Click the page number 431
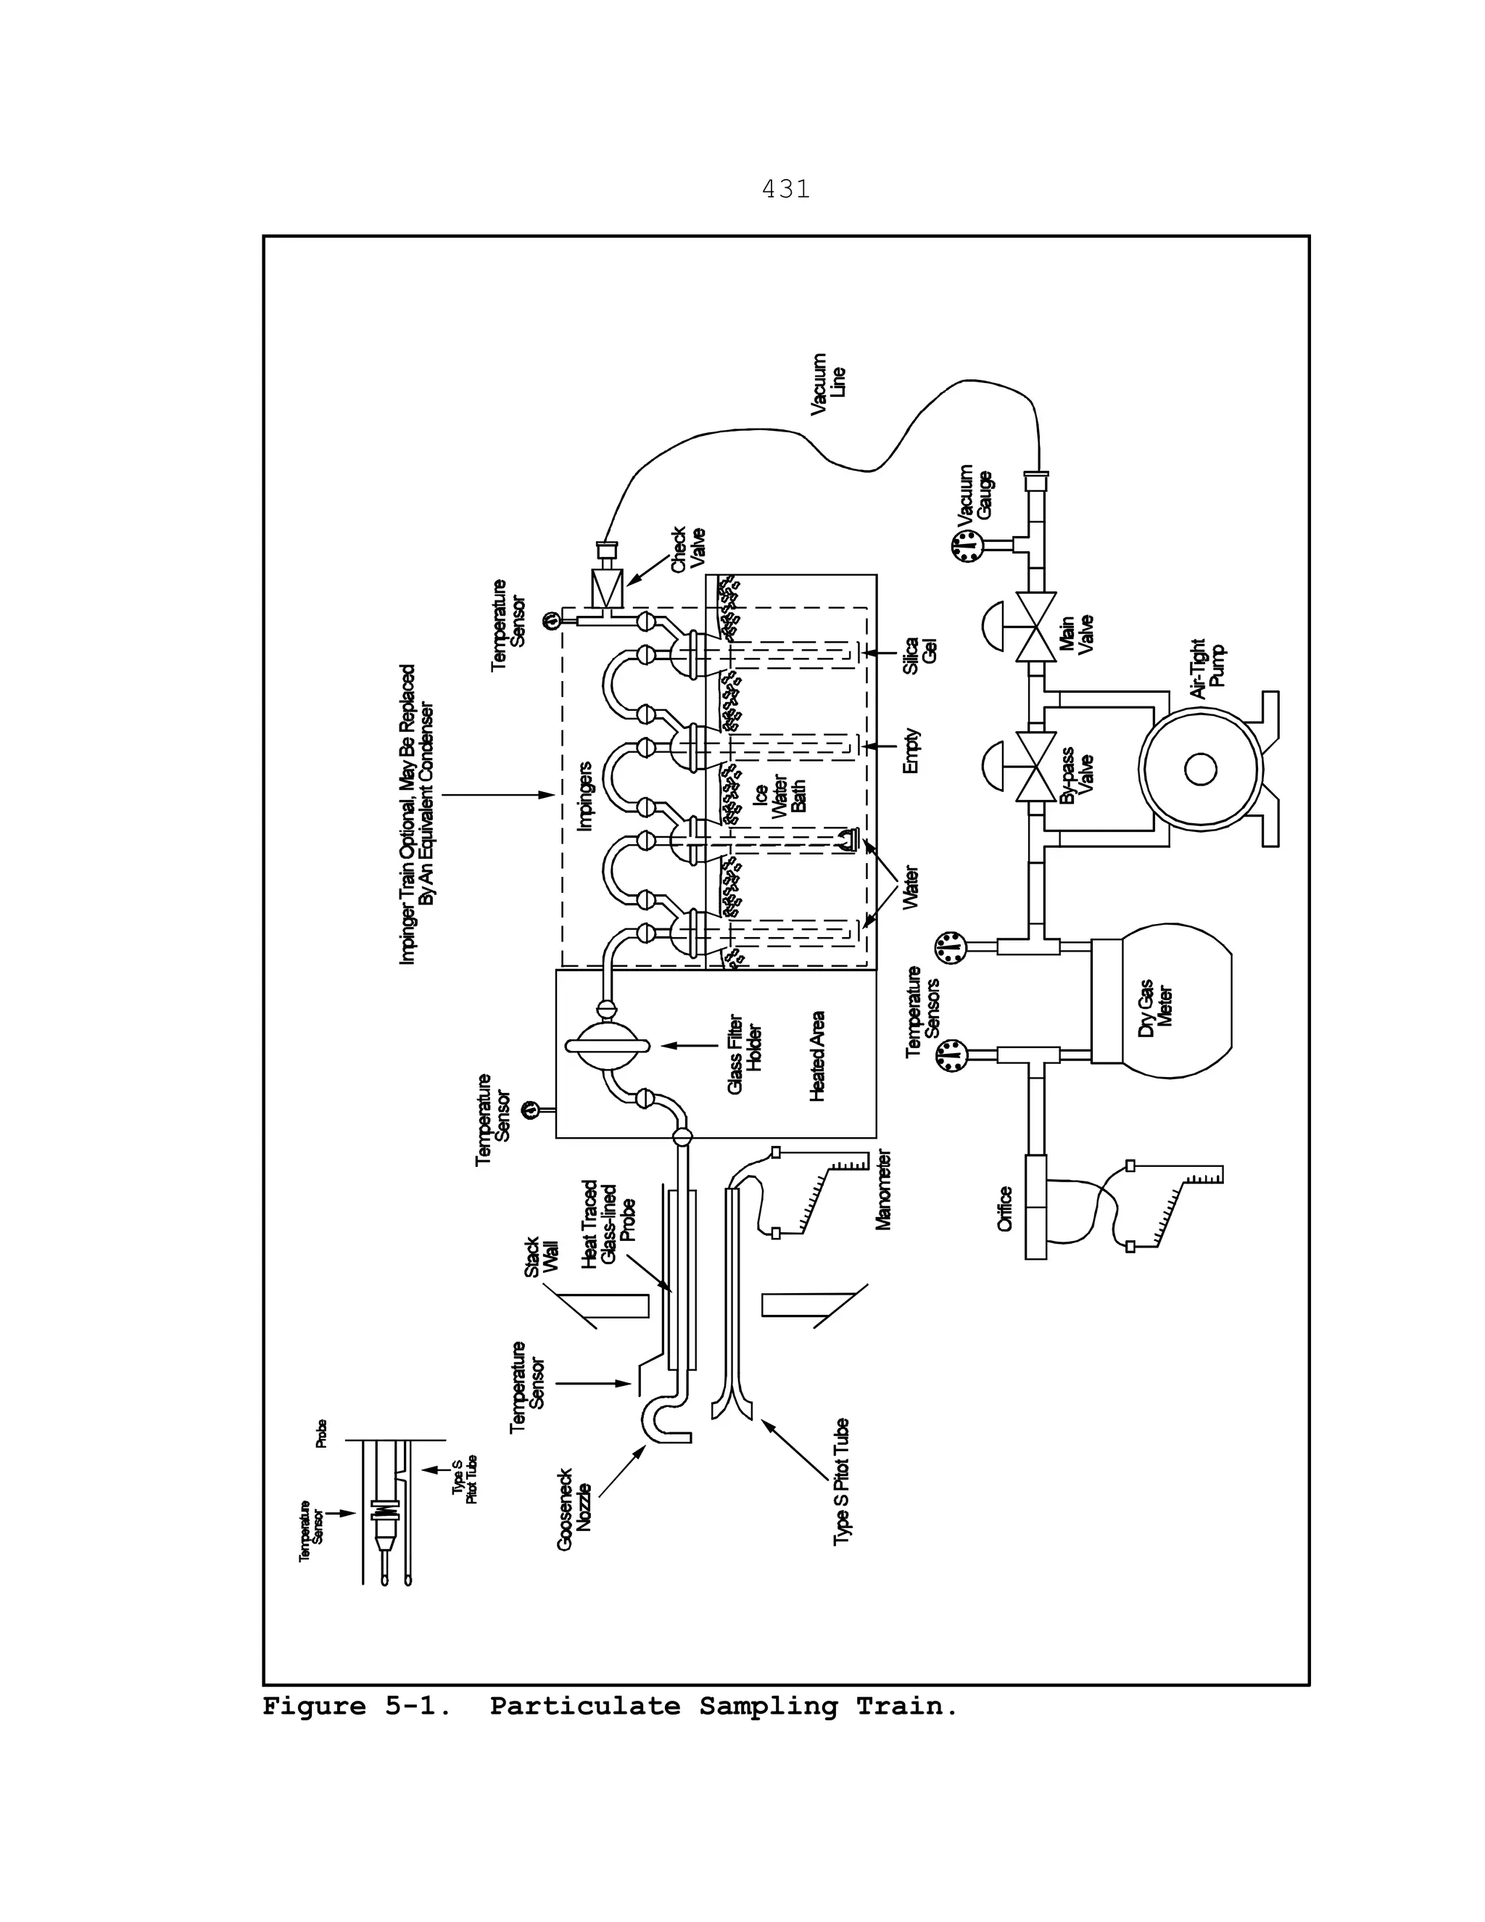785,189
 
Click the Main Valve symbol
1035,627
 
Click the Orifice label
1006,1209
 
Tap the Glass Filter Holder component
607,1045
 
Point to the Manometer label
884,1189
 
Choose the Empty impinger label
911,750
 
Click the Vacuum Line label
828,384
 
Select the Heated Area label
816,1055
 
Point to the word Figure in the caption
314,1707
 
